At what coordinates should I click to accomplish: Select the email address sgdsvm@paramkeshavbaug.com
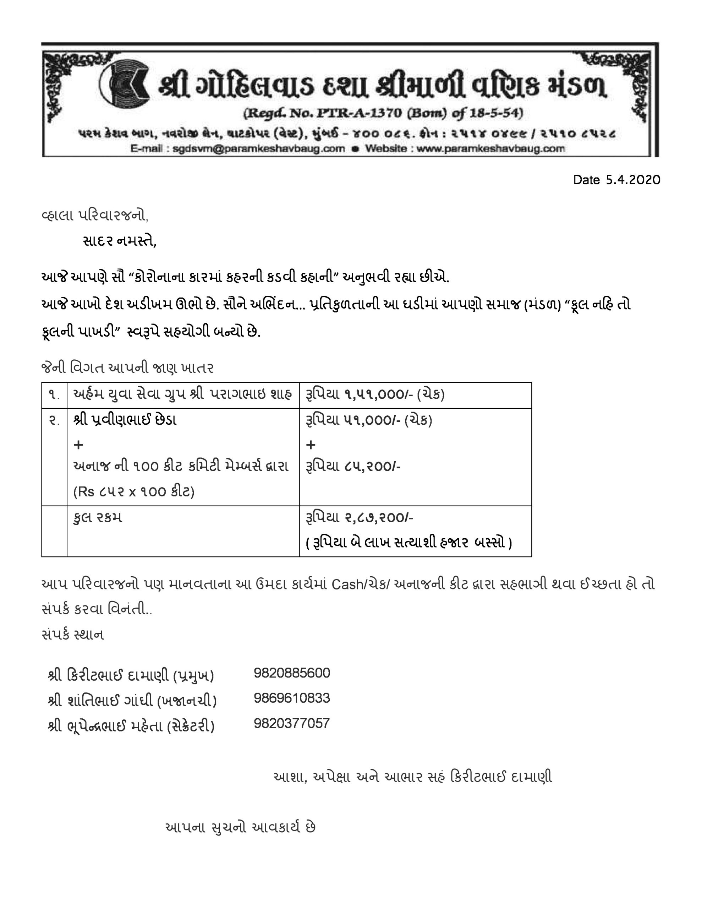pyautogui.click(x=258, y=148)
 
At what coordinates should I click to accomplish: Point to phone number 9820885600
pyautogui.click(x=292, y=673)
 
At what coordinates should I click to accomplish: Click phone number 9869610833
pyautogui.click(x=292, y=698)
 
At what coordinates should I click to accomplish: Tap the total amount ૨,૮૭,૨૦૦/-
pyautogui.click(x=378, y=518)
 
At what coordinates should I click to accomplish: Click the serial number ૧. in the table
pyautogui.click(x=54, y=394)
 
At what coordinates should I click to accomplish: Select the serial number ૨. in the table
pyautogui.click(x=54, y=420)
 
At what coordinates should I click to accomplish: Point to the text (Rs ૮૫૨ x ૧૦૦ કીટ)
pyautogui.click(x=133, y=492)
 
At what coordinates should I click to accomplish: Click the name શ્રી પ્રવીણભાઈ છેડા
pyautogui.click(x=125, y=420)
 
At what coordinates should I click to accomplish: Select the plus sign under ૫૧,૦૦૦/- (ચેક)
pyautogui.click(x=311, y=445)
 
